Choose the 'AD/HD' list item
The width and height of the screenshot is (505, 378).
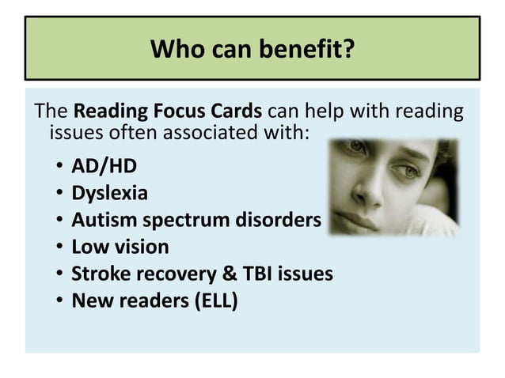pyautogui.click(x=104, y=167)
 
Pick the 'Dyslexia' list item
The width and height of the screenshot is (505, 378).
pyautogui.click(x=109, y=193)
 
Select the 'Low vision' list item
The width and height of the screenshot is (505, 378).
pyautogui.click(x=120, y=246)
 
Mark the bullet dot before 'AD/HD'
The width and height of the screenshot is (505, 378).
pyautogui.click(x=60, y=168)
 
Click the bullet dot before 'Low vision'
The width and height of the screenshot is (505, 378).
pyautogui.click(x=60, y=247)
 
